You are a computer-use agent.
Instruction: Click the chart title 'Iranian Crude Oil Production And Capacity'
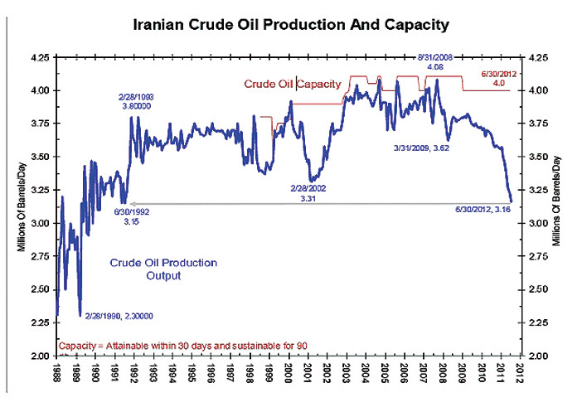click(291, 26)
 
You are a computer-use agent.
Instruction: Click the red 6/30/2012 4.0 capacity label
click(501, 79)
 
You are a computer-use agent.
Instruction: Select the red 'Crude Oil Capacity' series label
click(293, 84)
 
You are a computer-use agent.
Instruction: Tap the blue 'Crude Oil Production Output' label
click(163, 269)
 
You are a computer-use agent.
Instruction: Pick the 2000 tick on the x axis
click(288, 373)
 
